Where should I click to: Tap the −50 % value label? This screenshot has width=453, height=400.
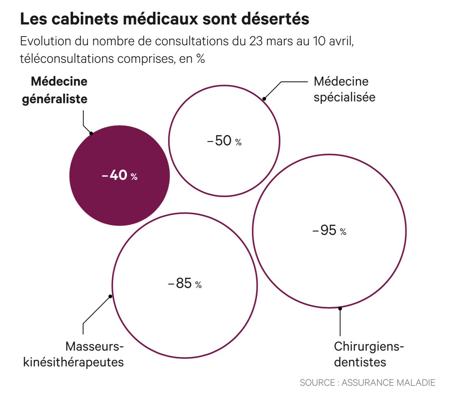pyautogui.click(x=224, y=141)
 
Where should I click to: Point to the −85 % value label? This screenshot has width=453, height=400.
pyautogui.click(x=185, y=283)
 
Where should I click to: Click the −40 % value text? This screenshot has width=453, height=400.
pyautogui.click(x=120, y=175)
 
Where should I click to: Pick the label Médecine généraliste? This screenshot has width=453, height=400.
pyautogui.click(x=55, y=90)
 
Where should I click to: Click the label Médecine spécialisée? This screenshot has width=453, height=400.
pyautogui.click(x=344, y=89)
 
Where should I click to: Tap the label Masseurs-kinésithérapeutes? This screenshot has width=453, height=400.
pyautogui.click(x=74, y=354)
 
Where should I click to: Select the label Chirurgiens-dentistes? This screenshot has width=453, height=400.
pyautogui.click(x=368, y=354)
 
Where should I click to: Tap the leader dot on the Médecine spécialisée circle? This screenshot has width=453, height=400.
pyautogui.click(x=264, y=99)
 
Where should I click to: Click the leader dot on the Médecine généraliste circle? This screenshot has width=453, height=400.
pyautogui.click(x=91, y=133)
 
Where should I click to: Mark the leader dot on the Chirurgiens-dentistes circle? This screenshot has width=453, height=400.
pyautogui.click(x=340, y=309)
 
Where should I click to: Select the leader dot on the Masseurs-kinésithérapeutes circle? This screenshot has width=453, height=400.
pyautogui.click(x=110, y=297)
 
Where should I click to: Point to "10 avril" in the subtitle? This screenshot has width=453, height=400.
pyautogui.click(x=333, y=41)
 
